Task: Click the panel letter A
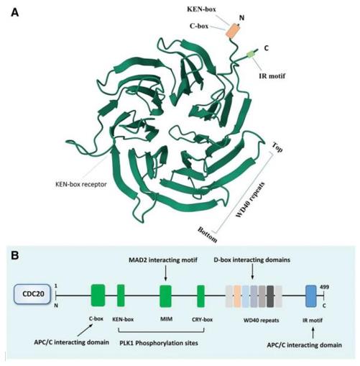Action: [14, 11]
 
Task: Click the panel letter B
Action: [14, 252]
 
